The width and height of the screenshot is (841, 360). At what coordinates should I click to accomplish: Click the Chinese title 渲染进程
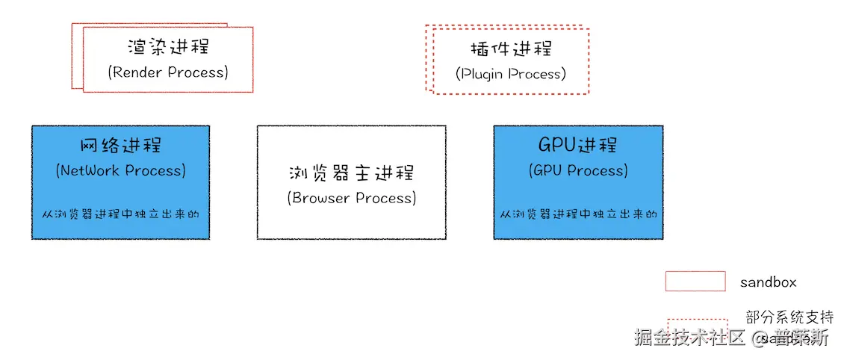[168, 46]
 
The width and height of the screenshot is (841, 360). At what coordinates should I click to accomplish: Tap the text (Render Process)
[168, 72]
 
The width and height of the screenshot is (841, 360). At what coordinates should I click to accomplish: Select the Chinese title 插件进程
[511, 49]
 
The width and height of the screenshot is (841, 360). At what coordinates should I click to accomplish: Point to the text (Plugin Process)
[511, 74]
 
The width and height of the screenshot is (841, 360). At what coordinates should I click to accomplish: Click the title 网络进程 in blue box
[120, 145]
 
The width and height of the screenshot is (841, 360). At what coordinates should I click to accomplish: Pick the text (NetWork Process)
[120, 170]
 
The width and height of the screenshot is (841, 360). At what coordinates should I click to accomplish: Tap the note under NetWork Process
[120, 214]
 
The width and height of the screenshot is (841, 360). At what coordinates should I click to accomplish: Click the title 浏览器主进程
[351, 173]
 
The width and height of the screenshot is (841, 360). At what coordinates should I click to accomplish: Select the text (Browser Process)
[351, 198]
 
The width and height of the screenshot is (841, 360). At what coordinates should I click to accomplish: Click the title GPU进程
[577, 145]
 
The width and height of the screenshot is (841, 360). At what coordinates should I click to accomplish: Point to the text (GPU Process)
[577, 170]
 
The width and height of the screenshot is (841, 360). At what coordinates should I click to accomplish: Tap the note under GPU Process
[577, 214]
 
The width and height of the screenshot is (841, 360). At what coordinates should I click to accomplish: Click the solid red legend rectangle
[695, 282]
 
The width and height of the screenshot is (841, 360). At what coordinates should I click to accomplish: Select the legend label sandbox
[768, 282]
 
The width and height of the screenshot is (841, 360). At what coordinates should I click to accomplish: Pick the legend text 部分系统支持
[789, 317]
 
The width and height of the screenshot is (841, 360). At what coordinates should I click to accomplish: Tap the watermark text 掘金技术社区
[689, 338]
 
